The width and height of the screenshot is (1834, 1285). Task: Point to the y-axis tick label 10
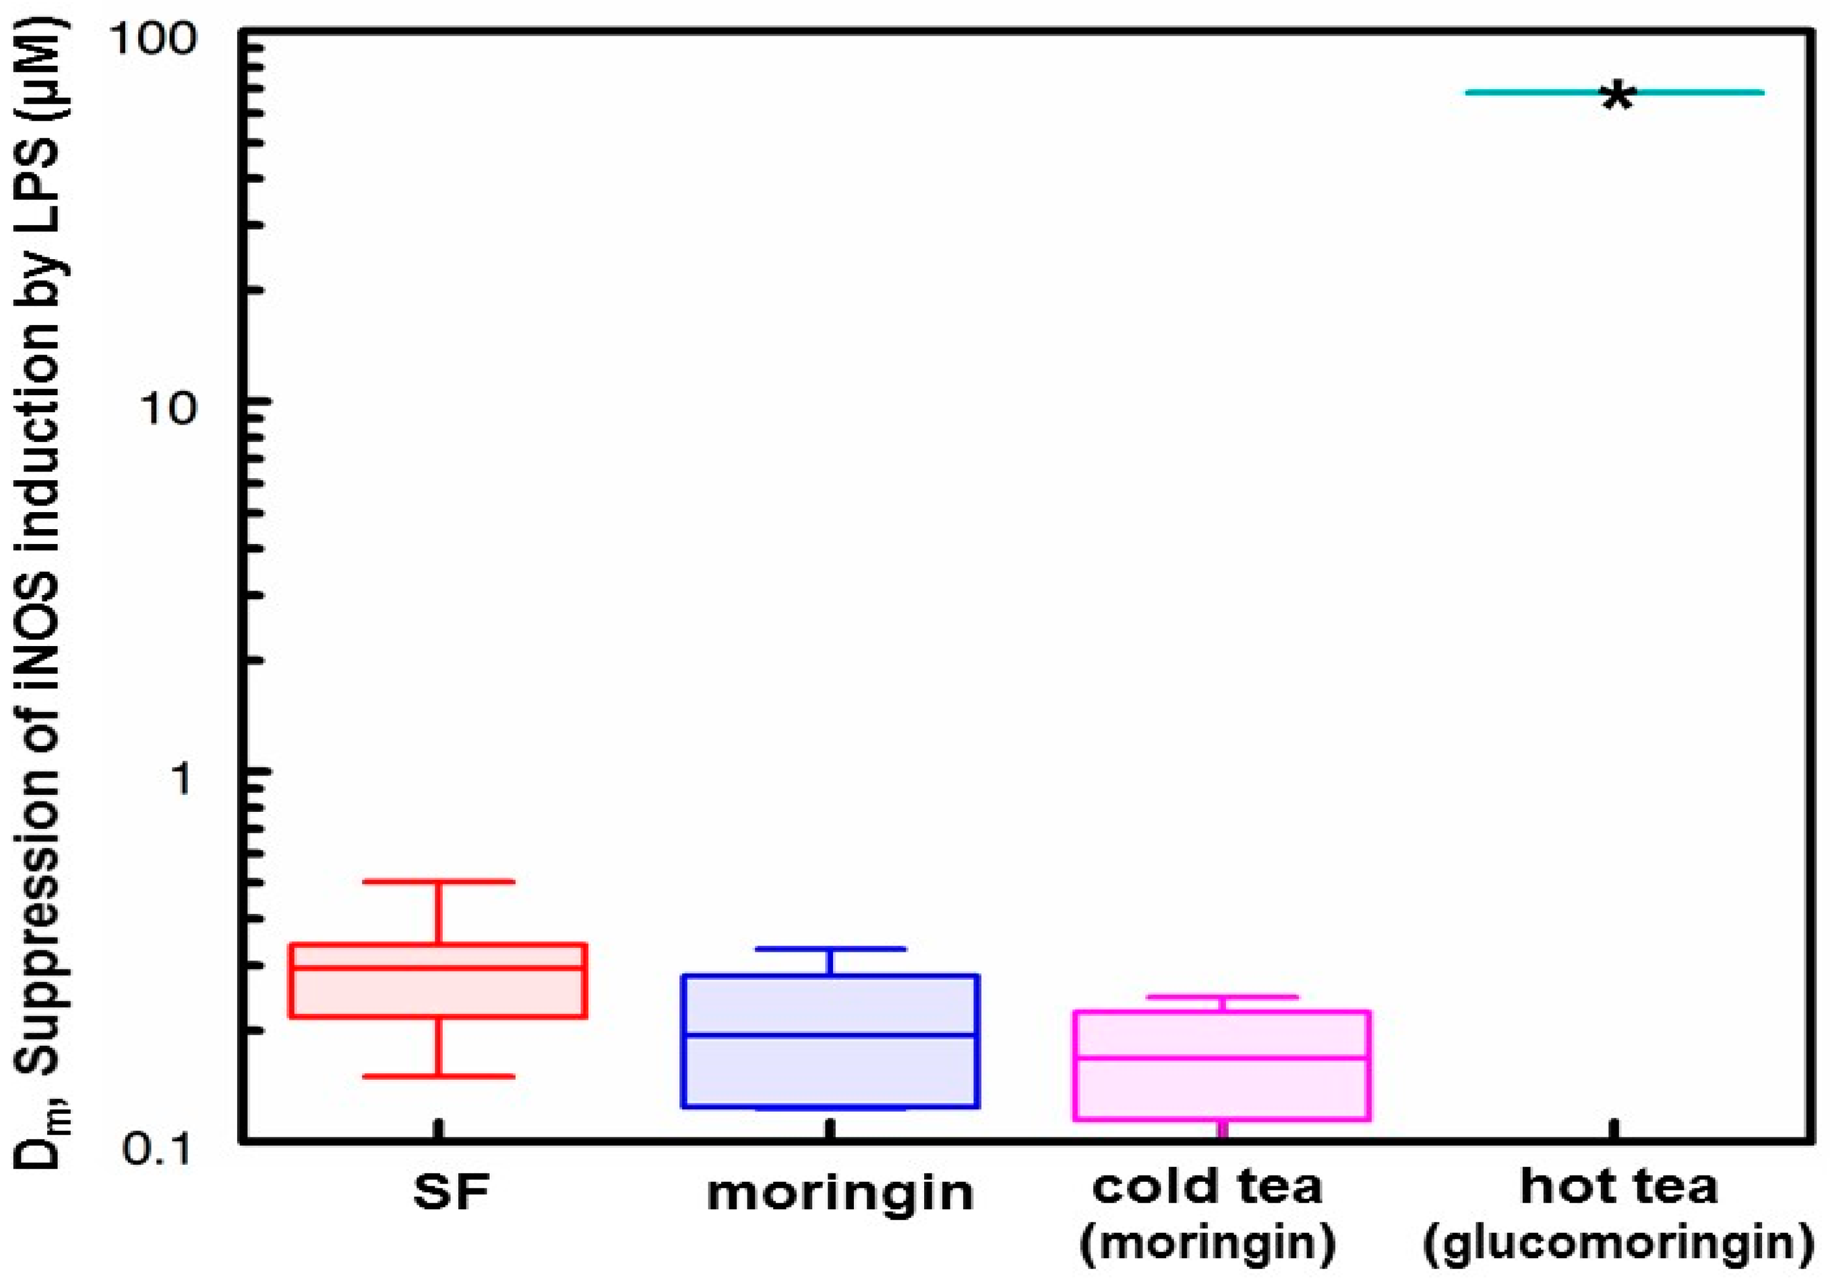coord(168,408)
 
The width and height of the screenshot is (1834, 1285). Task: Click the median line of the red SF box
coord(438,967)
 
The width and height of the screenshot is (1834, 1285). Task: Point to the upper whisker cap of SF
coord(438,882)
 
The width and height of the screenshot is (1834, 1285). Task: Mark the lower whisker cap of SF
coord(438,1076)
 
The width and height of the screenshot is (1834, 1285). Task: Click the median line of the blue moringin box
coord(831,1035)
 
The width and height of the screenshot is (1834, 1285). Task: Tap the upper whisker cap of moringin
coord(831,949)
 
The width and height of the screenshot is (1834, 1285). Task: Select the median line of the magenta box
coord(1222,1057)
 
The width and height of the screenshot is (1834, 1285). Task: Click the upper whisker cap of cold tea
coord(1222,996)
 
